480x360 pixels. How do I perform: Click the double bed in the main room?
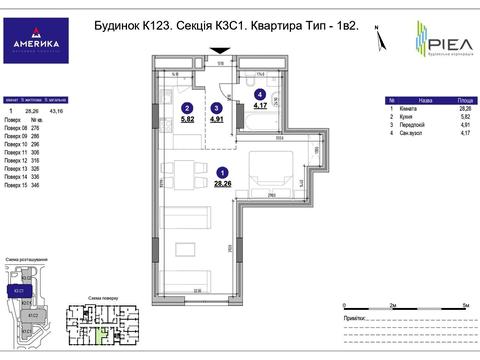267,168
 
